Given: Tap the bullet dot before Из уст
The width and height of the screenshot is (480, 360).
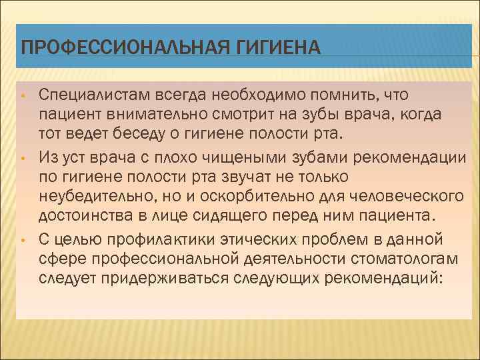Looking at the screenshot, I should click(x=23, y=158).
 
